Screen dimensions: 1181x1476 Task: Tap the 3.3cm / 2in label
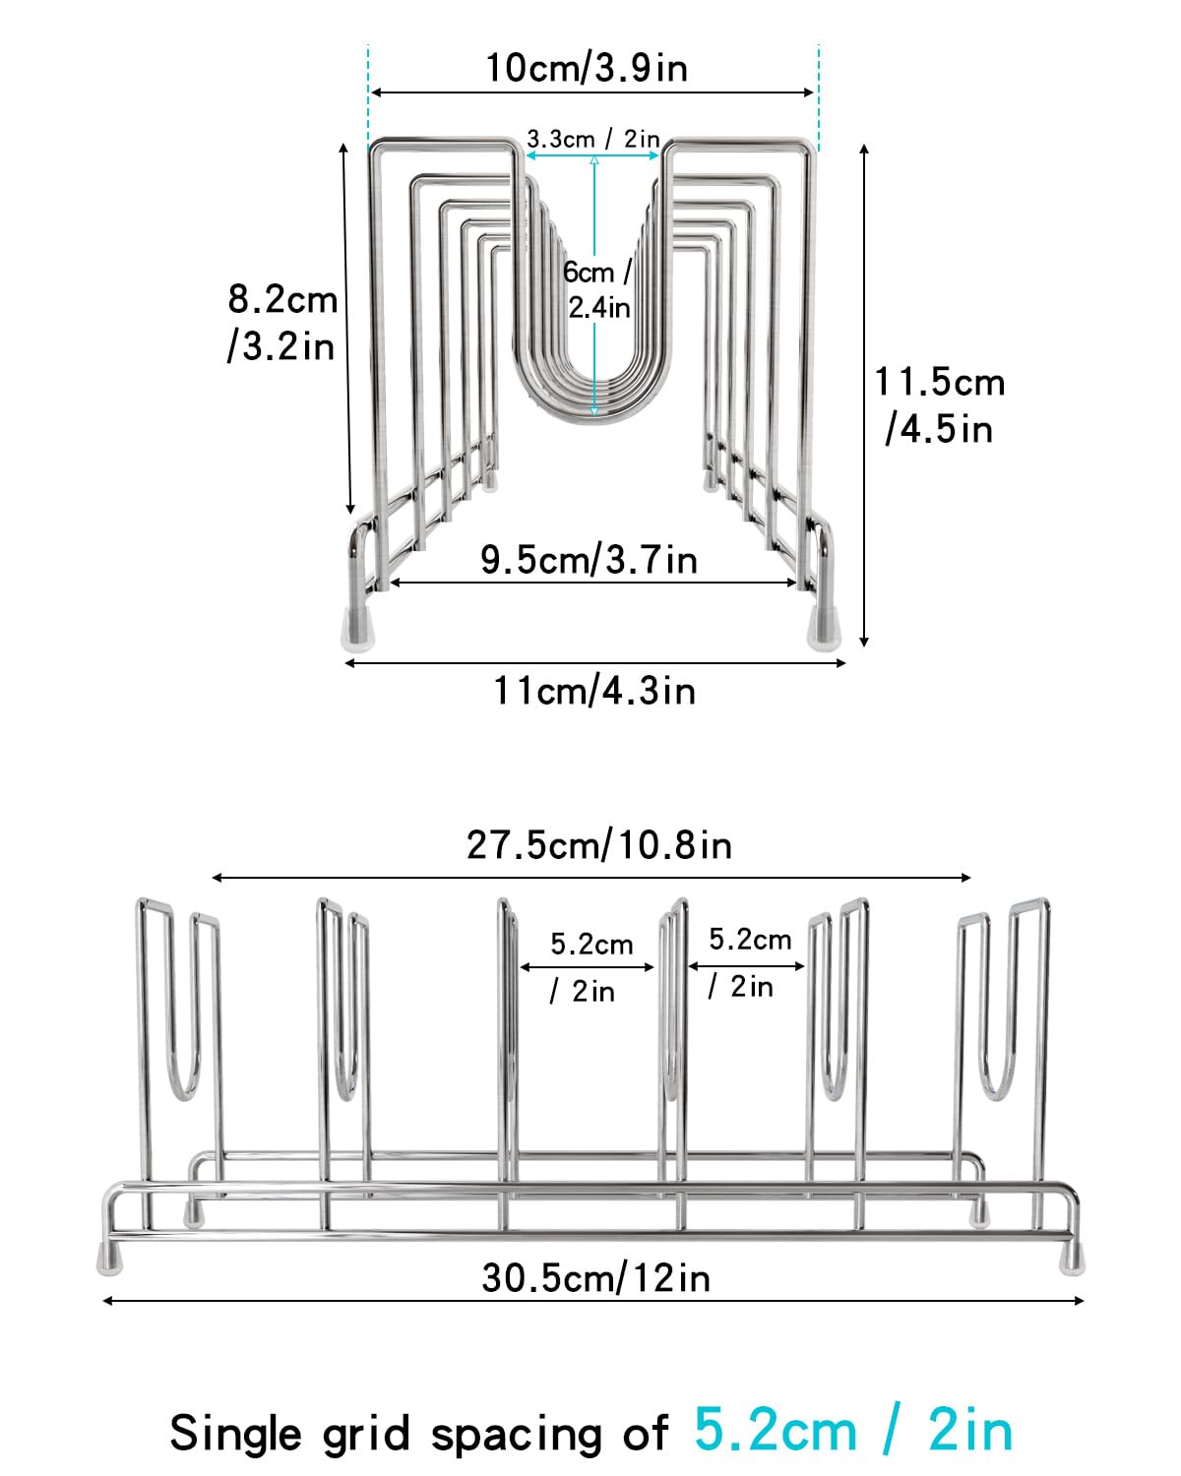[x=592, y=139]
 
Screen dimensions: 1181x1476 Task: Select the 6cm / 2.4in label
[x=597, y=289]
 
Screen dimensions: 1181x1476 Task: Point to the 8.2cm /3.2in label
[x=282, y=323]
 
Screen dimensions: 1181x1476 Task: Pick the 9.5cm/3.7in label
[x=589, y=559]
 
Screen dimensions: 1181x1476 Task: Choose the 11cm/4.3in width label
[x=594, y=690]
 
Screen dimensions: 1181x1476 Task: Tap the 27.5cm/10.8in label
[x=599, y=844]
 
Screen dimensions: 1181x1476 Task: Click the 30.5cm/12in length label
[x=595, y=1278]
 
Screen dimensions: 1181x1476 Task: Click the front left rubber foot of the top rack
[x=358, y=630]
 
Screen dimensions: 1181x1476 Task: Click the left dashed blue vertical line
[x=368, y=96]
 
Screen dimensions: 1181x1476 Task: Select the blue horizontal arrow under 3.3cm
[x=592, y=155]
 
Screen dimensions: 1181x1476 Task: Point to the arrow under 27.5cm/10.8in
[x=590, y=877]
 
